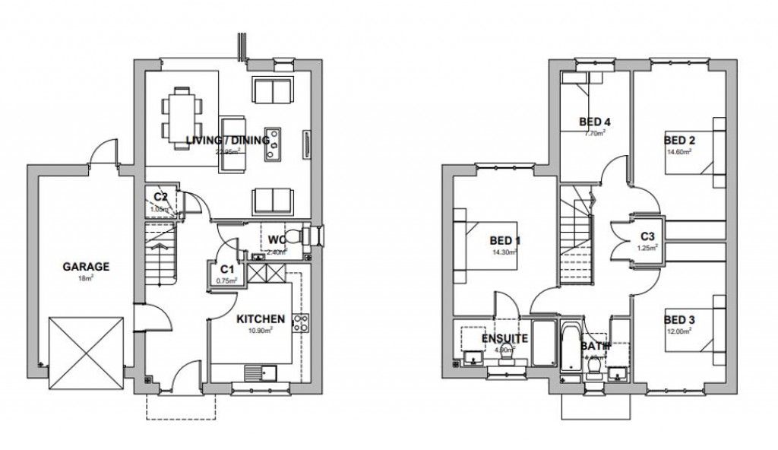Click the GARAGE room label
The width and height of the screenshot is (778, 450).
click(x=85, y=267)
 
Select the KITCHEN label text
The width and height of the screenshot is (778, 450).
click(x=261, y=318)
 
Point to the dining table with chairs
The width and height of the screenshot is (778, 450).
click(x=181, y=113)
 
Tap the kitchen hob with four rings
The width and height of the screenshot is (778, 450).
click(x=300, y=323)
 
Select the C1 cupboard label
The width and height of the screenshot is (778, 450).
click(x=226, y=270)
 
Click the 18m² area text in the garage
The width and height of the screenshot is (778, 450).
click(x=85, y=278)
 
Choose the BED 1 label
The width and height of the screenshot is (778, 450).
click(x=505, y=242)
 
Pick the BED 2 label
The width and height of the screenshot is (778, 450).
click(x=680, y=141)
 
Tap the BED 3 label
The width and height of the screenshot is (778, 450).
click(x=679, y=320)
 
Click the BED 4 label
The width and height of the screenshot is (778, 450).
click(x=595, y=122)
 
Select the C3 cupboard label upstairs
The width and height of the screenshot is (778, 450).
click(x=648, y=236)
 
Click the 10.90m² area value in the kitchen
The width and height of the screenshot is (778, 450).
click(x=261, y=330)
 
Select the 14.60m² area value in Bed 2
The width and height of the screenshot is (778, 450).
click(x=678, y=152)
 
